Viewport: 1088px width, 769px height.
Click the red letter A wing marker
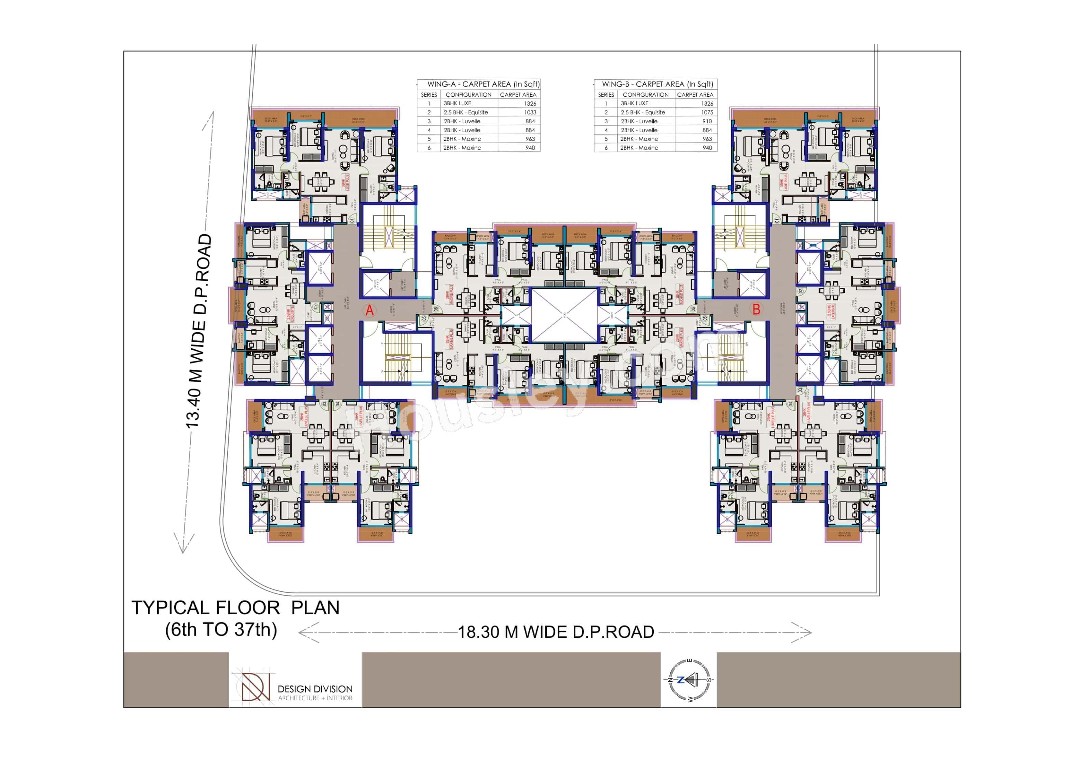click(370, 311)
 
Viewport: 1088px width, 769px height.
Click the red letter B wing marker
click(756, 310)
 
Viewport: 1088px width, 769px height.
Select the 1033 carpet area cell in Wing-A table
click(530, 112)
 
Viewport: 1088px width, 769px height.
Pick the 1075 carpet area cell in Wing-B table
click(707, 112)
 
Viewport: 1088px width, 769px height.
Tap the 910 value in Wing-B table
click(707, 121)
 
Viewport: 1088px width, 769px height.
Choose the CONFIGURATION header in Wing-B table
click(645, 95)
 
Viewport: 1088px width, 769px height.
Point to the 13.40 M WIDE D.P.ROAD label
click(198, 332)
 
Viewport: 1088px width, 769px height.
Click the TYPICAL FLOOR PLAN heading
click(235, 608)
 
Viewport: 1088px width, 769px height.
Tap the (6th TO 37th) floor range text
click(221, 630)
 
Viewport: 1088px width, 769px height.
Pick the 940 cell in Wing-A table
click(530, 148)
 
